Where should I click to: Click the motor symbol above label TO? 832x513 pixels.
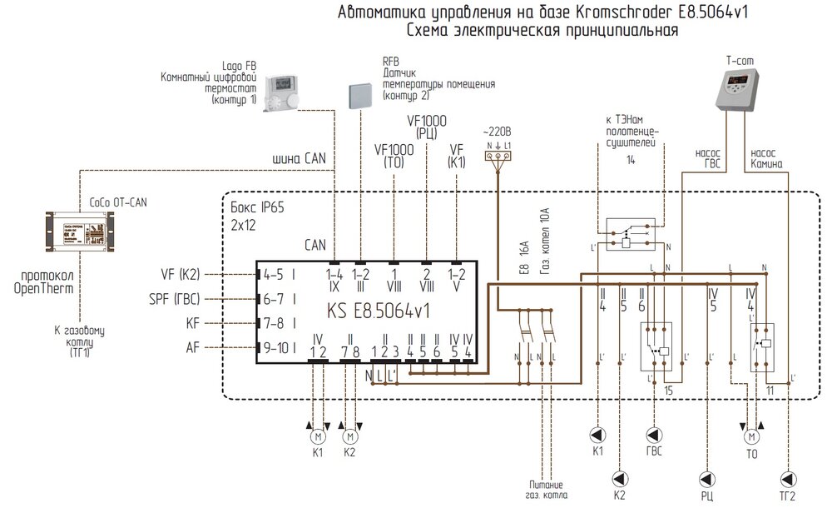coord(751,435)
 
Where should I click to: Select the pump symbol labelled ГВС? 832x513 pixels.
coord(654,434)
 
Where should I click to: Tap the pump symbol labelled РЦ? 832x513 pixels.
coord(710,478)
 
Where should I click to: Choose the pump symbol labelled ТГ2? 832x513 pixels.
coord(789,478)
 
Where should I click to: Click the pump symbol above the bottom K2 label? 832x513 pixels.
coord(618,478)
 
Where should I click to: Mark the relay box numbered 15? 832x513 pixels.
coord(656,346)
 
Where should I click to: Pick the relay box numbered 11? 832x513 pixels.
coord(762,346)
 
